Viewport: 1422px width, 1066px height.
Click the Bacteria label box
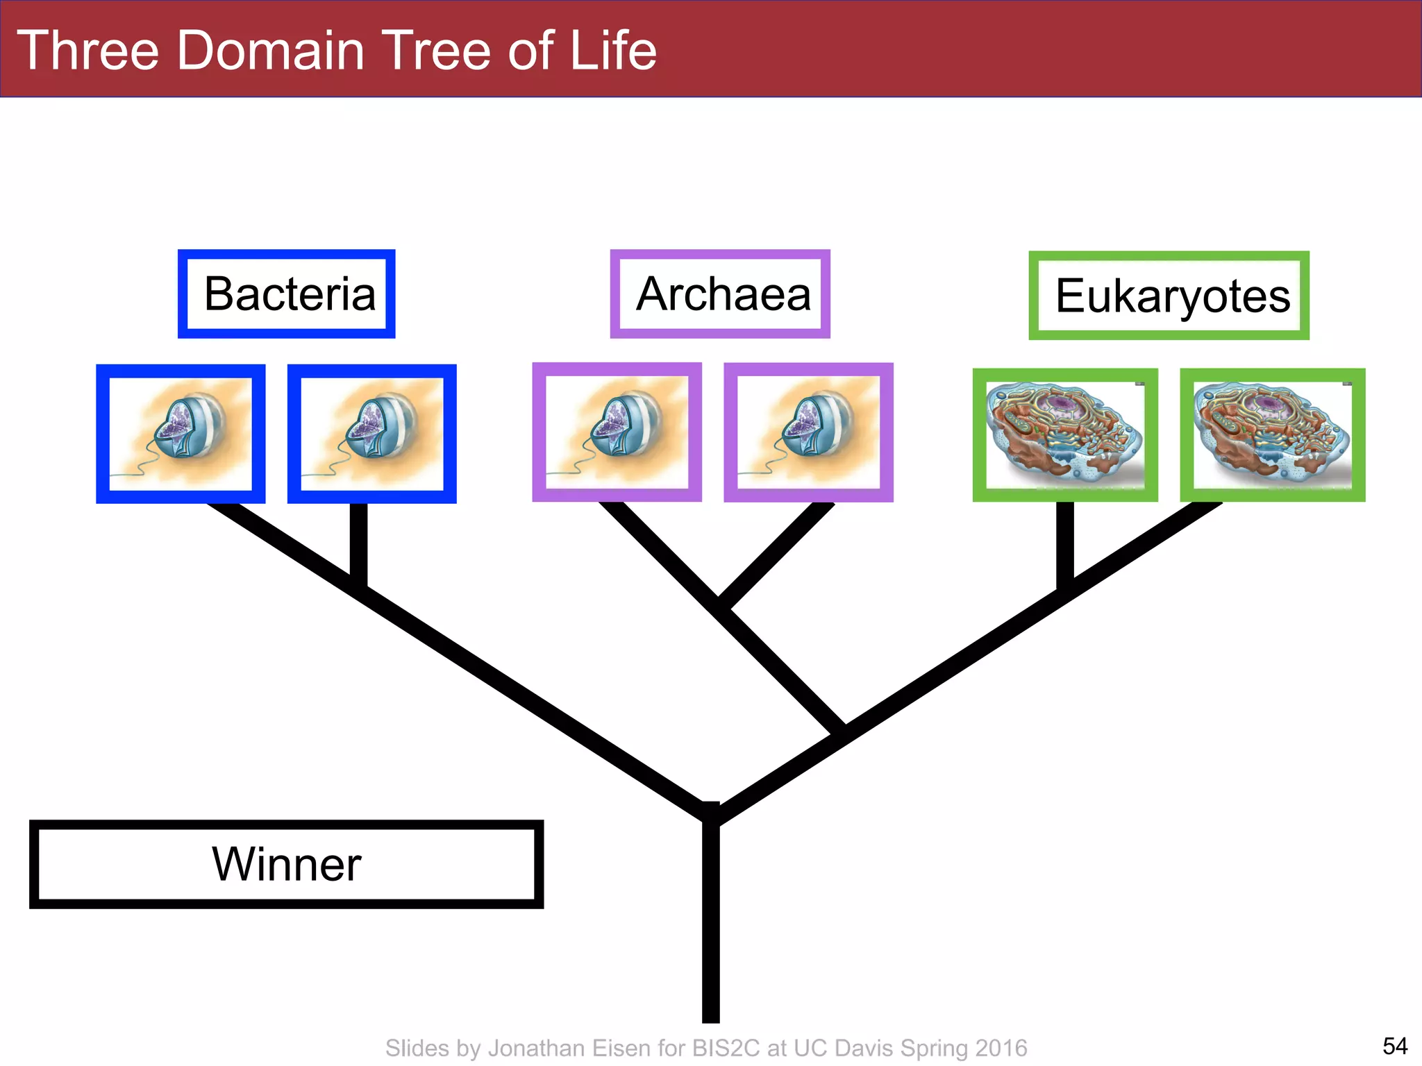click(287, 294)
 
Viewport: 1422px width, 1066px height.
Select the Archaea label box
click(720, 294)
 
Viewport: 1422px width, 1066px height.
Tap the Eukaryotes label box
click(1169, 296)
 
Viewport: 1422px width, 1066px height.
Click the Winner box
click(286, 865)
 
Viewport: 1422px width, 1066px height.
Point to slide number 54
click(1395, 1045)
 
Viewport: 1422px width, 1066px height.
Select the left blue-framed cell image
click(181, 434)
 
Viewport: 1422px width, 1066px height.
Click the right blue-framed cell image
click(372, 434)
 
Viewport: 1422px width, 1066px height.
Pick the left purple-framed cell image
click(617, 432)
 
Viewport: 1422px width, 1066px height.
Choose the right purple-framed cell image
click(808, 432)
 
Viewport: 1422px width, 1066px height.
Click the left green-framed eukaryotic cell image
click(1065, 435)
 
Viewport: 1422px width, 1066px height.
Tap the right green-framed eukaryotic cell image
click(1273, 435)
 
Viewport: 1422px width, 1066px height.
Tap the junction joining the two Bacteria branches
click(358, 583)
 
